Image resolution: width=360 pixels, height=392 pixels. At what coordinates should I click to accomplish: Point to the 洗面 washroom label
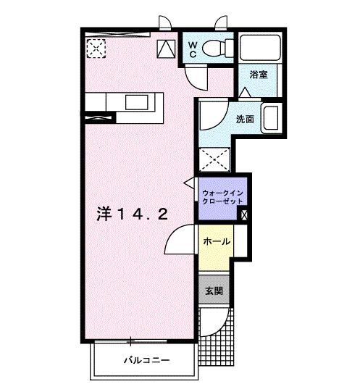(x=244, y=120)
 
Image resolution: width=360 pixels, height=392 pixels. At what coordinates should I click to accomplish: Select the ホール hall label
(x=215, y=241)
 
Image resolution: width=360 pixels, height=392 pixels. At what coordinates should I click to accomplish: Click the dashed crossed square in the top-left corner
(x=96, y=48)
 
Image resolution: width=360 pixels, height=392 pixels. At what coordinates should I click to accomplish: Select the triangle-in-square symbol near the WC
(x=166, y=49)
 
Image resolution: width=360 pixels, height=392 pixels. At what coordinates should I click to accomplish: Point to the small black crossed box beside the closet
(x=243, y=214)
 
